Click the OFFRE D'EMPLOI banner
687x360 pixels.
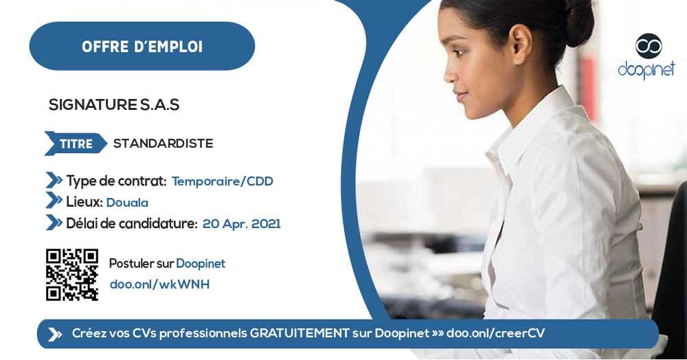tap(142, 46)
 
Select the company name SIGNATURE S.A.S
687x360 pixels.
tap(113, 105)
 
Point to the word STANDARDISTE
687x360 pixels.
tap(163, 144)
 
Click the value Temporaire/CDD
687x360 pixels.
tap(222, 181)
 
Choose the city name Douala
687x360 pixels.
tap(127, 202)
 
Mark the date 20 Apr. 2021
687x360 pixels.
tap(241, 223)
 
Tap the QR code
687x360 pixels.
tap(72, 274)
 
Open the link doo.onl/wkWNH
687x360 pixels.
tap(159, 284)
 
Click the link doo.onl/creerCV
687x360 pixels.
tap(495, 333)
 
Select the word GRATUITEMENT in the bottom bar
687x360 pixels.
tap(300, 333)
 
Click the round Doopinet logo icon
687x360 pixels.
tap(648, 46)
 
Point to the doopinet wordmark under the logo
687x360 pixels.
tap(646, 69)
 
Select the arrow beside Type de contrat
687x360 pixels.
tap(54, 181)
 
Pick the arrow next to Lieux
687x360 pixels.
tap(54, 201)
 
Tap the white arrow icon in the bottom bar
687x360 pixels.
tap(54, 334)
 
